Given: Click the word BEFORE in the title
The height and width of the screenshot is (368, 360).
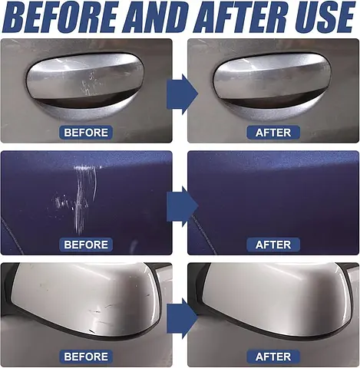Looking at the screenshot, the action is click(60, 17).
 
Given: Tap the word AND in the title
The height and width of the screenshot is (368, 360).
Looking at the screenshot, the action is click(156, 17).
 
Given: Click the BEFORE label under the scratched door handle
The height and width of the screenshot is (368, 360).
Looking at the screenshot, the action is click(86, 133).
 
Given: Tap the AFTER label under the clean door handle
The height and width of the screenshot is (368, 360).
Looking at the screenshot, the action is click(273, 133).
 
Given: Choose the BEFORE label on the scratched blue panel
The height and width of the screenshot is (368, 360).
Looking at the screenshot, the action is click(86, 245).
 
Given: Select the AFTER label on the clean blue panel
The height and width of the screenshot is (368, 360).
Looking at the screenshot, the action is click(273, 245).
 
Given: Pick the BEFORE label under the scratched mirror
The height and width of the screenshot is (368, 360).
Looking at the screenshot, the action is click(86, 356).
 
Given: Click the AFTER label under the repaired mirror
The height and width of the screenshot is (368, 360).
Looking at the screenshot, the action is click(273, 356).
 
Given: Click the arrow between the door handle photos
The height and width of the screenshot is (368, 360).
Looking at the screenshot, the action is click(182, 94).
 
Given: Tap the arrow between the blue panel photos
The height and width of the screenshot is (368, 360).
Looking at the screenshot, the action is click(182, 206).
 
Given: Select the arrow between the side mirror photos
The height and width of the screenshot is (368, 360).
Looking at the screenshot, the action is click(182, 318).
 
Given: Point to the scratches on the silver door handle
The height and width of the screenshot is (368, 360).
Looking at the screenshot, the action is click(89, 83).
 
